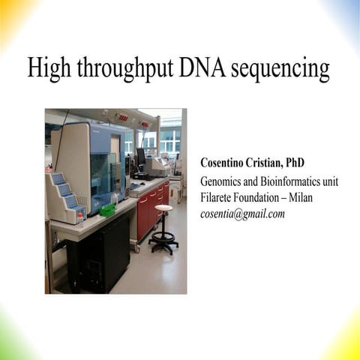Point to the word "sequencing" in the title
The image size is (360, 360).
click(286, 70)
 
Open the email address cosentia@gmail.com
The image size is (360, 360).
click(242, 214)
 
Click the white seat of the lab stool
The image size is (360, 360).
click(163, 208)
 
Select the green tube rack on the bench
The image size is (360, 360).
click(107, 211)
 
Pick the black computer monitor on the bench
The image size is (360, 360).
click(141, 158)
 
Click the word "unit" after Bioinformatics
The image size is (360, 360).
click(341, 181)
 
